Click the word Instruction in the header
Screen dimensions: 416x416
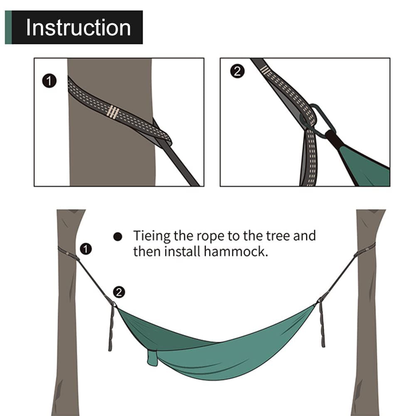[78, 27]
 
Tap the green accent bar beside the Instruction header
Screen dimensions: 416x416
[8, 27]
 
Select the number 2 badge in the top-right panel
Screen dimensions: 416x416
[236, 71]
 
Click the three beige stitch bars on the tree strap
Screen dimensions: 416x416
[113, 112]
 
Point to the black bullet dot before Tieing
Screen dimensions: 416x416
[118, 237]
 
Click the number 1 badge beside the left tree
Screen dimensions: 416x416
[86, 249]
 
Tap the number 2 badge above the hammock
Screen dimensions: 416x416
[119, 292]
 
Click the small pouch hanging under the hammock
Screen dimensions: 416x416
[153, 358]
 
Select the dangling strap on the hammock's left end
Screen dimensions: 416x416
[111, 328]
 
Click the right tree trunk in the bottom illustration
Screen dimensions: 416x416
[366, 332]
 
